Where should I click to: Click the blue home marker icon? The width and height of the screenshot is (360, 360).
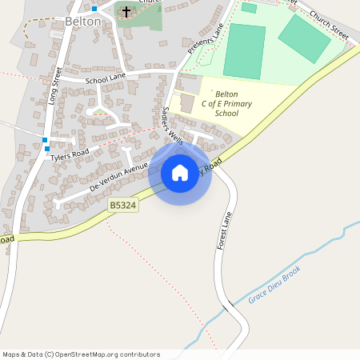(x=180, y=173)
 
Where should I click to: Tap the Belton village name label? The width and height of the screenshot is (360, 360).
(x=83, y=22)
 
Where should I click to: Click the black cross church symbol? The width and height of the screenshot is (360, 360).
(x=126, y=12)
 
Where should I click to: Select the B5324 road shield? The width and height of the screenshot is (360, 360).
(x=123, y=206)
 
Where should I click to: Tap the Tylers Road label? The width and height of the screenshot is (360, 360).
(x=70, y=154)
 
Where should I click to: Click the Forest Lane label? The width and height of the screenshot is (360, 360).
(x=227, y=230)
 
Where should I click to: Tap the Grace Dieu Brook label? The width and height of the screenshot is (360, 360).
(x=274, y=284)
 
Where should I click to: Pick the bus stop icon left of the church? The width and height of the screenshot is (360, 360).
(x=94, y=8)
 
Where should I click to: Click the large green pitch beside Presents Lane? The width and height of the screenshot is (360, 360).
(x=244, y=50)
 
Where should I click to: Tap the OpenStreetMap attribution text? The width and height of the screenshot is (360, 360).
(x=81, y=354)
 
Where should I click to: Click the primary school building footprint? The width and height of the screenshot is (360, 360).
(x=187, y=102)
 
